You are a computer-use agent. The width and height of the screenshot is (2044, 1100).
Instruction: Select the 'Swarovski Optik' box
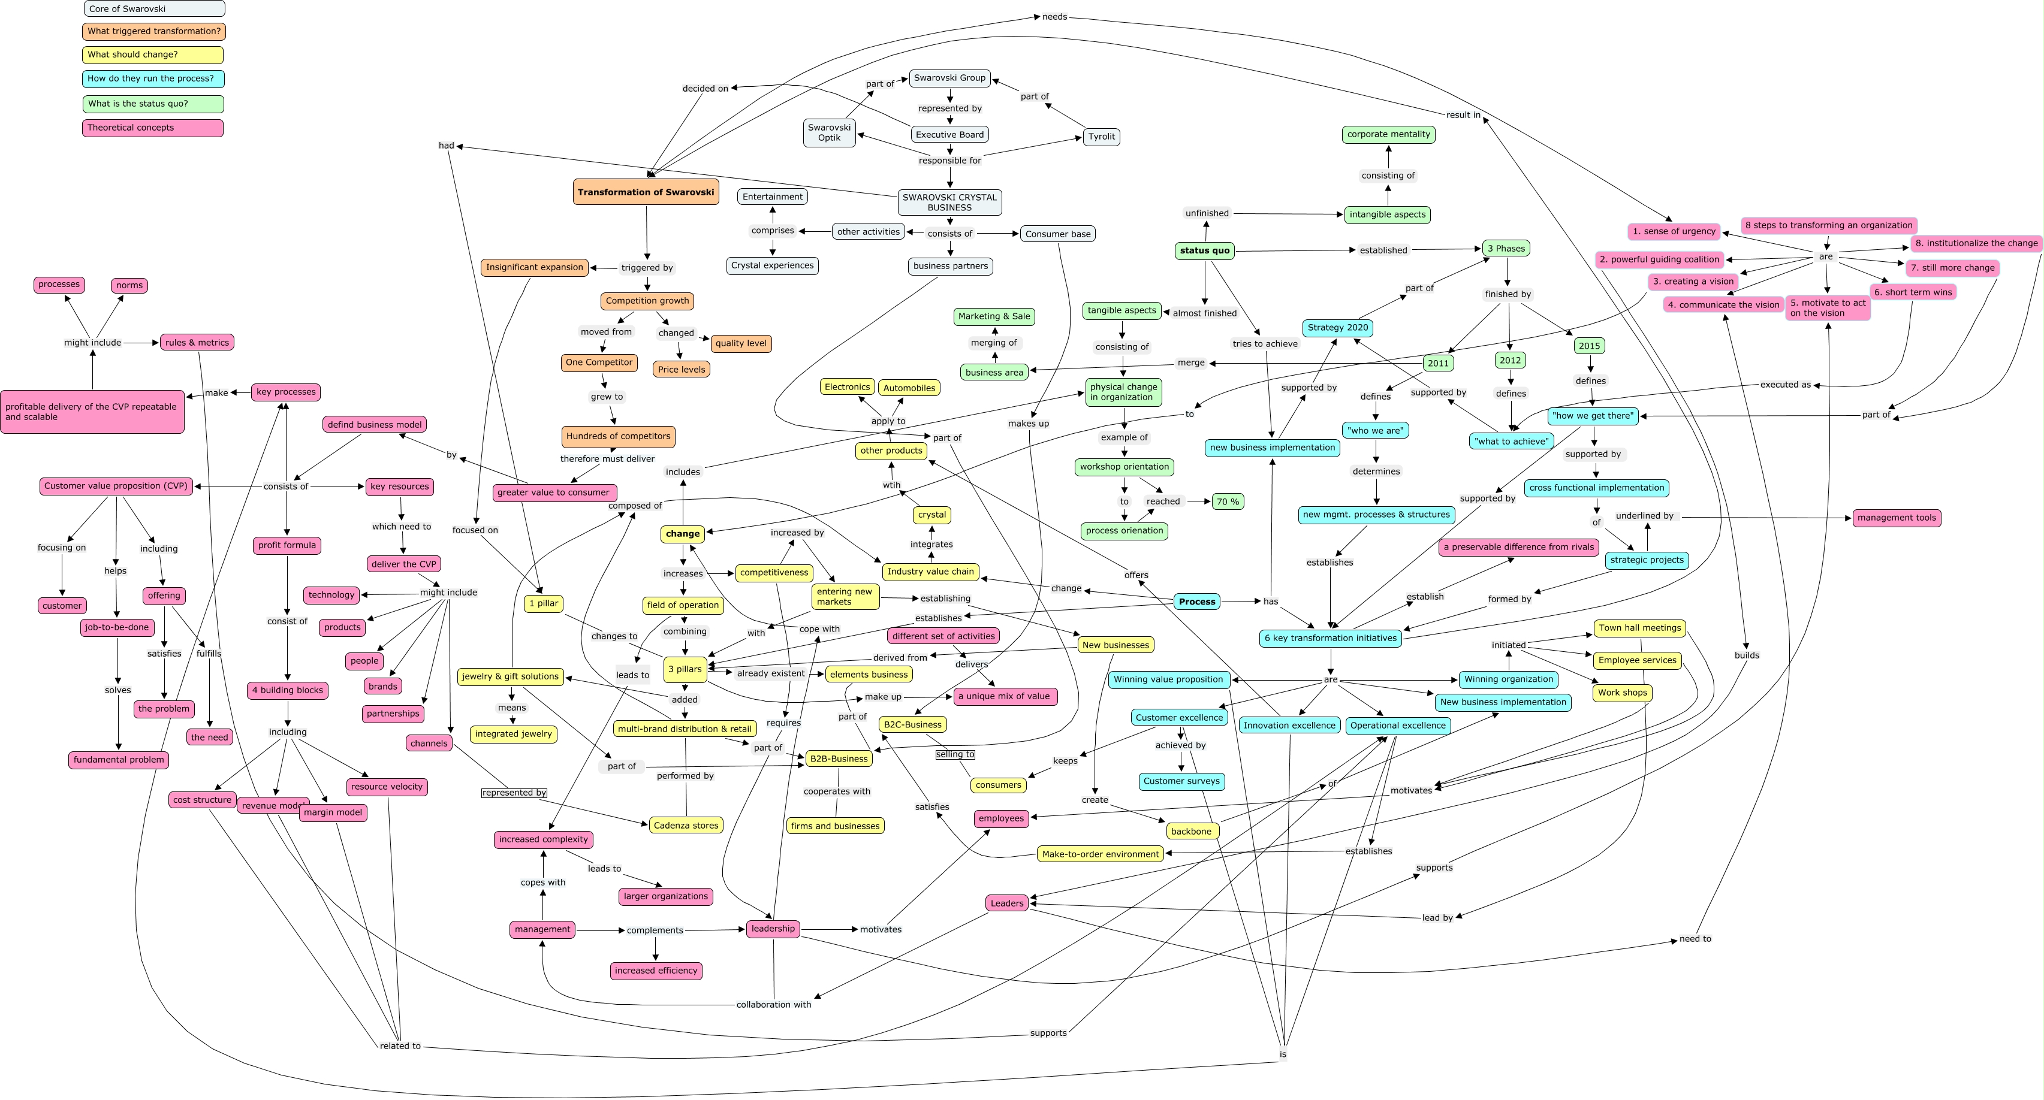(x=829, y=132)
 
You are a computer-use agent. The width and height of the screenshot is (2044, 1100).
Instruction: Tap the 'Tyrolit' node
(x=1101, y=137)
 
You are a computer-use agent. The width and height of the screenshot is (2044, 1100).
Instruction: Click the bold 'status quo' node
(x=1204, y=250)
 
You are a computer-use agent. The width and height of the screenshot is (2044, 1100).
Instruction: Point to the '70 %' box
(x=1228, y=501)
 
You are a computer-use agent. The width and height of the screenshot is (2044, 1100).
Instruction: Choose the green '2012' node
(x=1509, y=360)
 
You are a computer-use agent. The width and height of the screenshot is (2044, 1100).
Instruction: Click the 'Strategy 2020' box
(x=1337, y=328)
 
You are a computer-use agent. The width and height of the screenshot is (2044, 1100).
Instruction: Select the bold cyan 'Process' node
(x=1196, y=602)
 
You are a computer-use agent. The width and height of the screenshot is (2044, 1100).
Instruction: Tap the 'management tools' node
(x=1897, y=518)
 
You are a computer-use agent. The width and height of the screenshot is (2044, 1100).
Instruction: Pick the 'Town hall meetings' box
(x=1639, y=628)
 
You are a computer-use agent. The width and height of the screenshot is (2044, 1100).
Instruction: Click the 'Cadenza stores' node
(x=686, y=826)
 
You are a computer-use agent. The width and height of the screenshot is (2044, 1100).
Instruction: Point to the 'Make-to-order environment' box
(x=1101, y=854)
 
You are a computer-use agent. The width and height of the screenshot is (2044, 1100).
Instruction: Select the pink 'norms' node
(x=129, y=286)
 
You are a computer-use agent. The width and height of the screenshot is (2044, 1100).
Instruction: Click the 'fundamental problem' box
(x=119, y=760)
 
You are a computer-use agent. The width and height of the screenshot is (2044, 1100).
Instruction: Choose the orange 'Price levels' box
(x=681, y=370)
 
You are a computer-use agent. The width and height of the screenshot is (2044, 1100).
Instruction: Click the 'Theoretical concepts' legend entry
(x=152, y=128)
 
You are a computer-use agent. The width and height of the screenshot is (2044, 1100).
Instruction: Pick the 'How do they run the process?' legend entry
(x=152, y=78)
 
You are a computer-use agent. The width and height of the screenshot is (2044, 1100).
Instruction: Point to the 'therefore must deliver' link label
(x=607, y=459)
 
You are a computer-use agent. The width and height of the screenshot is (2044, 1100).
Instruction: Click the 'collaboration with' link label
(x=774, y=1005)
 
